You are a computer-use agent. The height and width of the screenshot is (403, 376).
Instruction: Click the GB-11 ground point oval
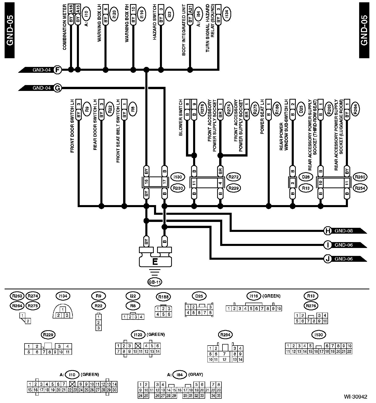(155, 282)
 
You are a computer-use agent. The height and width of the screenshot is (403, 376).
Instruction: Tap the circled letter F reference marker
(58, 70)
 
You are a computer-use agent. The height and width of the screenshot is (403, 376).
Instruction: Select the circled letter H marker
(327, 231)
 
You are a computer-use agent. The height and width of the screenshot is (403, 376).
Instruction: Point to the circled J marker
(327, 259)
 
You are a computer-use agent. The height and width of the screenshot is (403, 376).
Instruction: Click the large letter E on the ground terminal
(155, 262)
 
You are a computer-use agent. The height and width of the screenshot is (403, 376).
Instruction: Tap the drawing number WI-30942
(355, 396)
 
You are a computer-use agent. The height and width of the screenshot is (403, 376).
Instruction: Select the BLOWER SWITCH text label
(181, 121)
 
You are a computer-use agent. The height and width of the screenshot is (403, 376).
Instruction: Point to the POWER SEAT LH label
(262, 117)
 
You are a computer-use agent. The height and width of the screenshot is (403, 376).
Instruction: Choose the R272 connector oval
(234, 177)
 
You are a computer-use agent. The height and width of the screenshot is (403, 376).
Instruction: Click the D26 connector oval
(306, 177)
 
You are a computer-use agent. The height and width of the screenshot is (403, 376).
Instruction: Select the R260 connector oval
(360, 177)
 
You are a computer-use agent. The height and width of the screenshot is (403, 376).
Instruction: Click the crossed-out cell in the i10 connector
(72, 384)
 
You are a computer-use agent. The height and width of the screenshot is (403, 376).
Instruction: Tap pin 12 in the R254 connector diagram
(224, 359)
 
